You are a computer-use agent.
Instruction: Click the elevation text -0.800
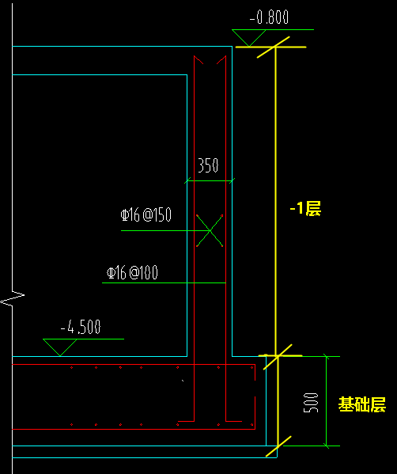coord(269,17)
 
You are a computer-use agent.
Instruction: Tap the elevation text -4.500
coord(81,327)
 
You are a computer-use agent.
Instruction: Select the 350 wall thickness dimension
coord(208,165)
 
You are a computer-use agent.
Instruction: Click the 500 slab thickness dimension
coord(311,403)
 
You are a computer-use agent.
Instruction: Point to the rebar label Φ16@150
coord(146,215)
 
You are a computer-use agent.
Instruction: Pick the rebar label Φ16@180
coord(132,273)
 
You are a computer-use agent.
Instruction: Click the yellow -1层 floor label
coord(305,208)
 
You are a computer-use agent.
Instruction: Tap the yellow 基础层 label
coord(362,404)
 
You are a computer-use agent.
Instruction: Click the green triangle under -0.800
coord(248,38)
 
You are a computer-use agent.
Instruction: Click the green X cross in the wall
coord(210,230)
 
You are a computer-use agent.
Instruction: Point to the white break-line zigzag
coord(13,298)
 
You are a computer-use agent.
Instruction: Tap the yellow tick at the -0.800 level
coord(274,47)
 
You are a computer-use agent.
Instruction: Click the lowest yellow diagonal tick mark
coord(278,446)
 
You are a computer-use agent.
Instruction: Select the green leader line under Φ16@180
coord(164,283)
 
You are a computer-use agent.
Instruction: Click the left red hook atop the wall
coord(198,59)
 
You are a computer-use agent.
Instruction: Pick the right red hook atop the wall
coord(221,59)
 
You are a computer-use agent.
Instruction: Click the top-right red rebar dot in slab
coord(252,368)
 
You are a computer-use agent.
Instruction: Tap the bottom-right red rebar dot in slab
coord(252,425)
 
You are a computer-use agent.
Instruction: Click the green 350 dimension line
coord(210,181)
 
